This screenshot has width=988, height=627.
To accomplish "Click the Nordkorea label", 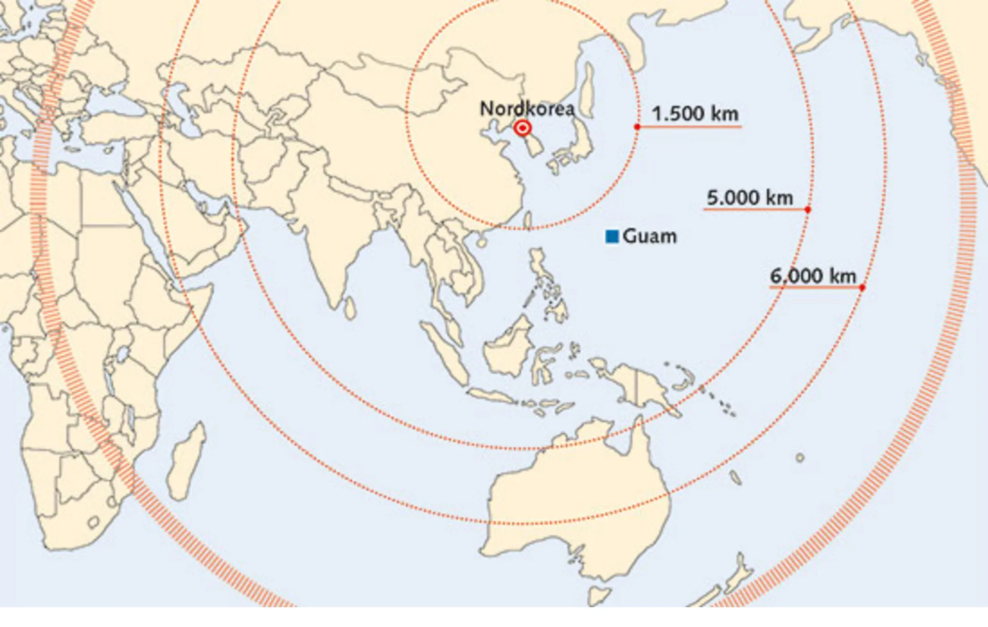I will tap(527, 109).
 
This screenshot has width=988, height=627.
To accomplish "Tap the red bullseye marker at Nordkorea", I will tap(522, 128).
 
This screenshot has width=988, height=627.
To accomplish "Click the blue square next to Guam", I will tap(612, 237).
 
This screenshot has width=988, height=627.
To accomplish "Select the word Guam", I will tap(650, 237).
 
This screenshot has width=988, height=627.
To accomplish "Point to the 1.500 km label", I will tap(695, 114).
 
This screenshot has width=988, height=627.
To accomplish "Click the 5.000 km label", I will tap(749, 198).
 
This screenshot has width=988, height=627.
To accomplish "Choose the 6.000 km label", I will tap(813, 276).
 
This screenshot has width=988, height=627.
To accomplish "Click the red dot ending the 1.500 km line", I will tap(637, 127).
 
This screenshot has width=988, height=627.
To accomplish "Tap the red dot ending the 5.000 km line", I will tap(808, 210).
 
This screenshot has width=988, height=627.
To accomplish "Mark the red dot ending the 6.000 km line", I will tap(862, 288).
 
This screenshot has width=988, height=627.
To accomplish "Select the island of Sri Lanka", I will tap(350, 307).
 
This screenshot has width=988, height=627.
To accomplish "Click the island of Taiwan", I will tap(528, 221).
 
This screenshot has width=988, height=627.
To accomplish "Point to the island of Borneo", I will tap(506, 348).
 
